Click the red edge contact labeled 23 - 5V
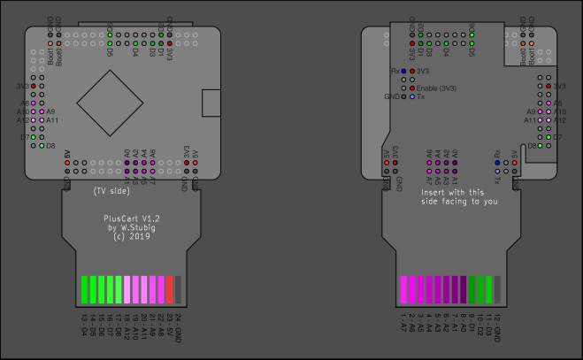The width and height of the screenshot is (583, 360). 169,289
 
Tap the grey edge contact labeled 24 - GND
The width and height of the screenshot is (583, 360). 179,289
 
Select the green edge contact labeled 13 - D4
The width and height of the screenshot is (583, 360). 84,289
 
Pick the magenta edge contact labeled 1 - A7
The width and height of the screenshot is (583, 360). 403,289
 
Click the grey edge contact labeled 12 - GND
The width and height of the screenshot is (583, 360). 497,289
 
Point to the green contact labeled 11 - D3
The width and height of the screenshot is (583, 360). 488,289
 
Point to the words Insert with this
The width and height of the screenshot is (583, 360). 452,191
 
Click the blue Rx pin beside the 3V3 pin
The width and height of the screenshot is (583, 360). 403,71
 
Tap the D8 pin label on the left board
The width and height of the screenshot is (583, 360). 50,145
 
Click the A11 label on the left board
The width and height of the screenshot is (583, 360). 51,119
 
